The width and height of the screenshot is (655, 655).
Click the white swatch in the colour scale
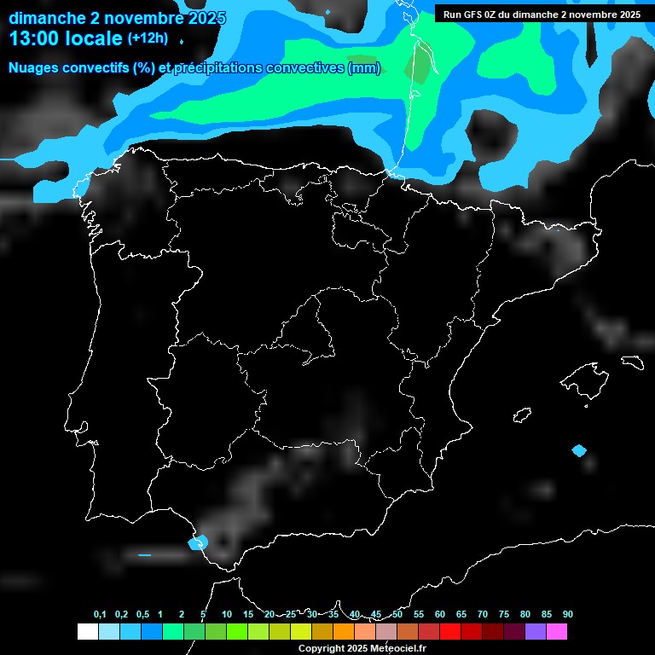[x=87, y=632]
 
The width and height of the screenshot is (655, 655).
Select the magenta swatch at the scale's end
[x=557, y=632]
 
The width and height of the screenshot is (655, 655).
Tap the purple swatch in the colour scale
[x=536, y=632]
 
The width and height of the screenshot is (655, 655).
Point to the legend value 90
[x=567, y=615]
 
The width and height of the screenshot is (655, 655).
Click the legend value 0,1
[x=100, y=615]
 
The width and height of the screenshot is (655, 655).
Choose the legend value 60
[x=440, y=615]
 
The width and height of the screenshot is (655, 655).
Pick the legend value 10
[x=226, y=615]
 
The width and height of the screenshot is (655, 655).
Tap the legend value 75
[x=503, y=615]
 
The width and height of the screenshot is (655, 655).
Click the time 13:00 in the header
[x=33, y=38]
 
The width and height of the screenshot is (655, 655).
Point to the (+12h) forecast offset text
[x=148, y=38]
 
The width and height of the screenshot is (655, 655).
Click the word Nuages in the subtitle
[x=32, y=68]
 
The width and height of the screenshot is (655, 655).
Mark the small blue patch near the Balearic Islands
[x=580, y=450]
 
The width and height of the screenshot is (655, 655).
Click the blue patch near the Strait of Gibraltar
[x=200, y=542]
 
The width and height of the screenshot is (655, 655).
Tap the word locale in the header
[x=93, y=38]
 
